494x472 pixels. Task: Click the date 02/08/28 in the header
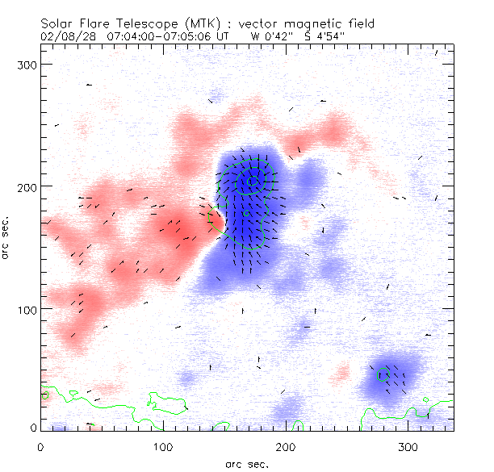pyautogui.click(x=65, y=36)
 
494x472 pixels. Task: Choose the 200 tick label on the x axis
pyautogui.click(x=286, y=445)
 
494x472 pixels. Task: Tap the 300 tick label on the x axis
pyautogui.click(x=408, y=445)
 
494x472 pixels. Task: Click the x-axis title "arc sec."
pyautogui.click(x=246, y=463)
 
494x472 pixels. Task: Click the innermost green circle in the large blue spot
pyautogui.click(x=252, y=182)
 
